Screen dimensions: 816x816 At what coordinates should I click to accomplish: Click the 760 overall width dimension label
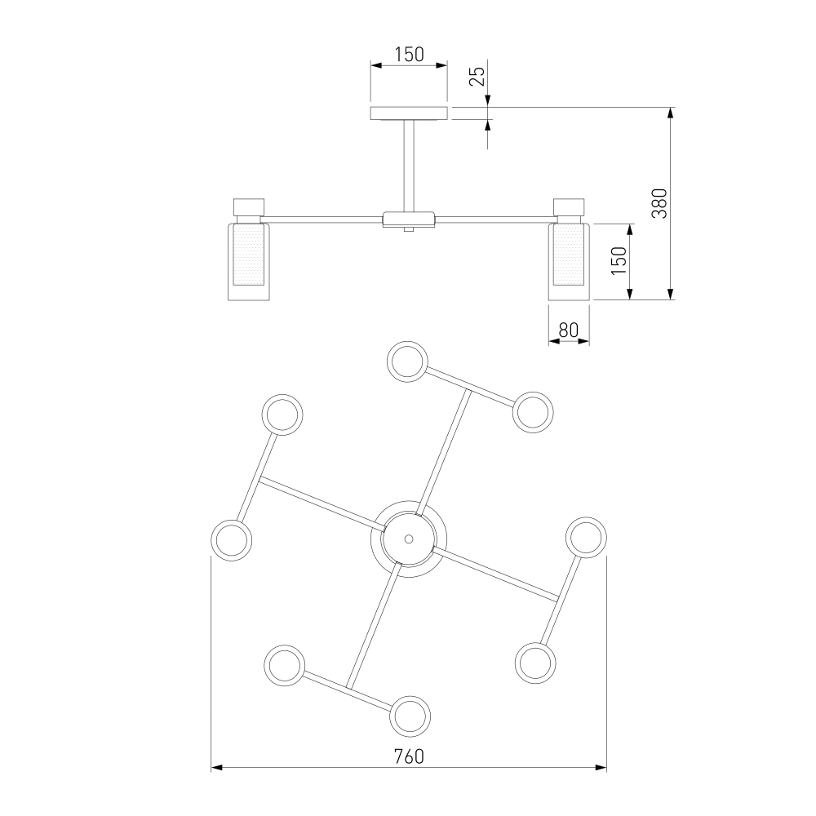point(409,756)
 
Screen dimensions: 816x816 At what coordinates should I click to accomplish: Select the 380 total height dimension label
point(660,203)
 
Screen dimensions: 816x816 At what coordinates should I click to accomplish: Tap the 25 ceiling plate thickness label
point(477,76)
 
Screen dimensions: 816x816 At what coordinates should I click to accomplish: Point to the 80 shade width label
point(568,330)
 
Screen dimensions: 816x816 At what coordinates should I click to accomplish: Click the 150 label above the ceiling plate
point(409,54)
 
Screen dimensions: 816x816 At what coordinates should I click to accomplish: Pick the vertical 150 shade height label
point(619,261)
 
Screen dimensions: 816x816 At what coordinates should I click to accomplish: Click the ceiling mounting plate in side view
point(409,113)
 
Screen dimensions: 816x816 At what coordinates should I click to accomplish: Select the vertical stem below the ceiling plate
point(409,166)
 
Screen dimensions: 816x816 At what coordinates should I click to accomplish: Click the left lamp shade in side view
point(249,262)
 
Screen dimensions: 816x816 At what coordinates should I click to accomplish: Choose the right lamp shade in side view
point(569,262)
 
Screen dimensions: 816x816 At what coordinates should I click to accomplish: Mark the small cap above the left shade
point(249,207)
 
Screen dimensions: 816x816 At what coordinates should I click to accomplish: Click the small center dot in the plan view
point(409,539)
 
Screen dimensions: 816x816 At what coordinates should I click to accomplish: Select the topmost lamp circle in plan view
point(407,361)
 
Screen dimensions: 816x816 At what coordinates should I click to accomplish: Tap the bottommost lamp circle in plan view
point(410,716)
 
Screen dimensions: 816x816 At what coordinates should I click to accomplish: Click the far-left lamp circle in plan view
point(232,539)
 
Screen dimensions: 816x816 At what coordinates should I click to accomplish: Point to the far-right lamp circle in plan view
point(586,538)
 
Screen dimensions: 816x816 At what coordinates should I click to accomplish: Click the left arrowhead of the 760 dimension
point(217,767)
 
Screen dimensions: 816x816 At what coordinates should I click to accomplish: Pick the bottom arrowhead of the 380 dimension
point(671,294)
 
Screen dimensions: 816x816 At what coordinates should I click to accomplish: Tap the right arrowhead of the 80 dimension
point(584,341)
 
